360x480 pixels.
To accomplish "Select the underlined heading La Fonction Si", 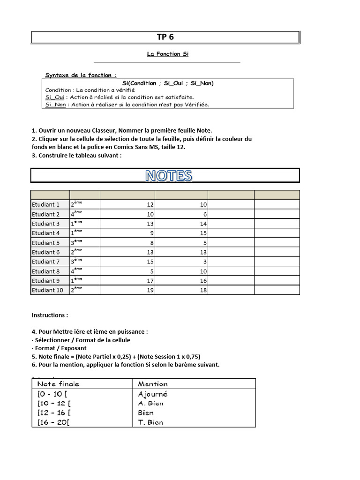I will pos(168,54).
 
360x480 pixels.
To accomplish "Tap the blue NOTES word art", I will pos(168,175).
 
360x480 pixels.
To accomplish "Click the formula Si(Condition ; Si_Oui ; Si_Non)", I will pos(167,83).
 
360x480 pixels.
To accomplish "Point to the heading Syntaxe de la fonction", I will pos(81,75).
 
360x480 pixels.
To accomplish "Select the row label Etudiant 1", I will pos(45,205).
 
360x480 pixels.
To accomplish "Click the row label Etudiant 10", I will pos(47,290).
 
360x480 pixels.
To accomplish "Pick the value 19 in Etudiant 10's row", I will pos(150,290).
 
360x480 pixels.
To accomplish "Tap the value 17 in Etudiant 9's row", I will pos(150,281).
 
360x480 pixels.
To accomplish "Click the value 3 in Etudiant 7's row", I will pos(205,262).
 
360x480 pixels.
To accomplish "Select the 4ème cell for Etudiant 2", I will pos(76,214).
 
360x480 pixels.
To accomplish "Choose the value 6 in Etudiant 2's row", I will pos(205,214).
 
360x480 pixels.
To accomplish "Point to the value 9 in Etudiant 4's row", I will pos(151,233).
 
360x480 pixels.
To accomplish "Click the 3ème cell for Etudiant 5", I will pos(76,242).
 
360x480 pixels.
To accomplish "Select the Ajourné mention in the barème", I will pos(153,394).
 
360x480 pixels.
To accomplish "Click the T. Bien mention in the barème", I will pos(150,422).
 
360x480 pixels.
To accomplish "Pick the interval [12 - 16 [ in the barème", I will pos(54,413).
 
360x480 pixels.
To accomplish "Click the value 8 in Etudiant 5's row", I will pos(151,243).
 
